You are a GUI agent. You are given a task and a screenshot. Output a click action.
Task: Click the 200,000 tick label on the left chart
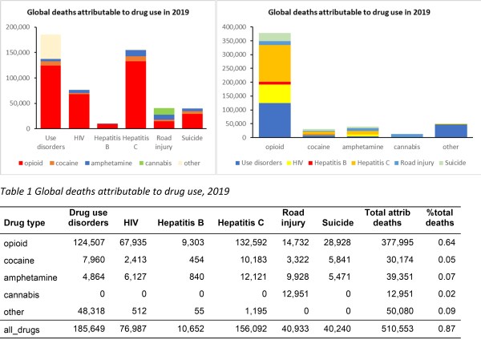coord(21,27)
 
